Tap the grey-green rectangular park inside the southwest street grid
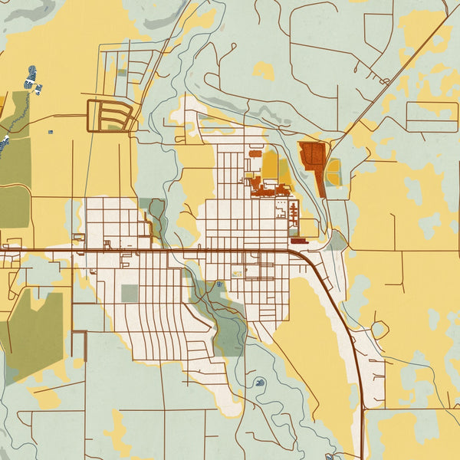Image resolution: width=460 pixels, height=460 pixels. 130,293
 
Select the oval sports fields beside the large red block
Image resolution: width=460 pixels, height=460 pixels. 333,172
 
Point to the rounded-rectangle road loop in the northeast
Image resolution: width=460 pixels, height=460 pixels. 431,116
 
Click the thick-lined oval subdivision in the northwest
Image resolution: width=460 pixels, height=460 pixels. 110,116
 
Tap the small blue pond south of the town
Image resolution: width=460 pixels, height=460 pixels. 260,381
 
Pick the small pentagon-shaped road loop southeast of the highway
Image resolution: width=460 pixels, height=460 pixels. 377,330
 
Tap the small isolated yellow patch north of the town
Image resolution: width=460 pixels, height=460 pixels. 264,71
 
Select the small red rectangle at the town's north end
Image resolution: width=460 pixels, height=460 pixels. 255,154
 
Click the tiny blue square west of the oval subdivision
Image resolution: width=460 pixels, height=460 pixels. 51,132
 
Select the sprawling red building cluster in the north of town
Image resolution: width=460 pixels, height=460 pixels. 264,185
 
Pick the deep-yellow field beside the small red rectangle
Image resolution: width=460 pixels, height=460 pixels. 270,165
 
